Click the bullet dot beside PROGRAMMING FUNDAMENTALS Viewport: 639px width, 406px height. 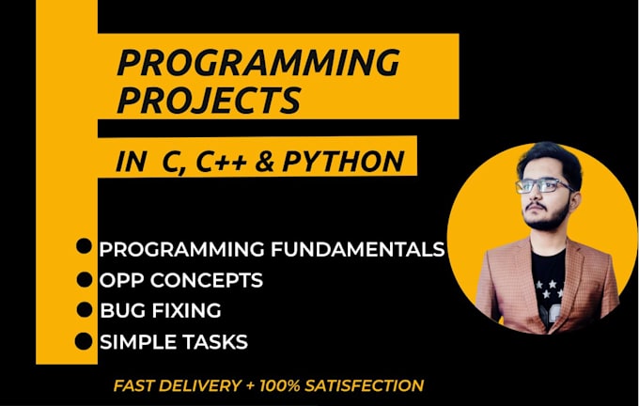pyautogui.click(x=85, y=246)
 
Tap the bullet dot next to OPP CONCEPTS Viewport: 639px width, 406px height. pyautogui.click(x=85, y=278)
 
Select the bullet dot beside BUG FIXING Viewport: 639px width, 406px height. pyautogui.click(x=85, y=309)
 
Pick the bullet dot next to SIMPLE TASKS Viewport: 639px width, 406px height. pyautogui.click(x=85, y=340)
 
